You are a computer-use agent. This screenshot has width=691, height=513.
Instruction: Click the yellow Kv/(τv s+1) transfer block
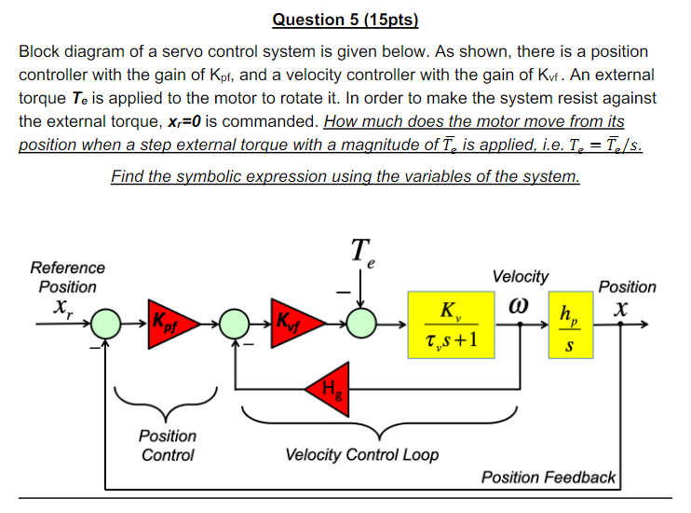coord(451,324)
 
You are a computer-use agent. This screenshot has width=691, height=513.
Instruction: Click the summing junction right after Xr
coord(107,323)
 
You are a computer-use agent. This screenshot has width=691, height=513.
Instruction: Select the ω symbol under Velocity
coord(519,304)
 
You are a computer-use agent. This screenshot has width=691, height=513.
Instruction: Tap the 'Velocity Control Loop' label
coord(361,455)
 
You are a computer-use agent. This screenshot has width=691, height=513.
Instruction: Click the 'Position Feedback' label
coord(549,478)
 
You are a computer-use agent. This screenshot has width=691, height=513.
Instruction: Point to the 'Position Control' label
coord(168,445)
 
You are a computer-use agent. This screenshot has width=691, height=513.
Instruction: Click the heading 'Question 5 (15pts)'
coord(345,19)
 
